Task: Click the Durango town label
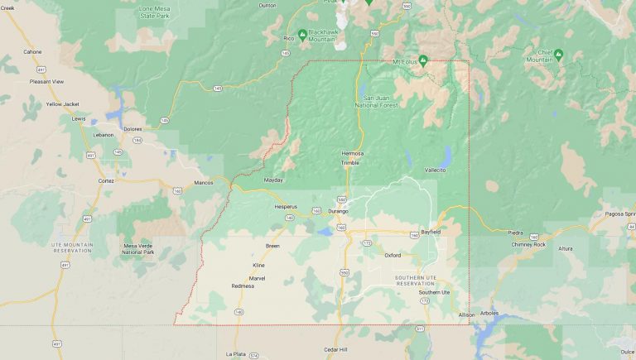[337, 211]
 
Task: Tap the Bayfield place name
[430, 232]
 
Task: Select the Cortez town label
[106, 180]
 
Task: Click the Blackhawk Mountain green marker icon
[303, 34]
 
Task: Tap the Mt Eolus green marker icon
[422, 60]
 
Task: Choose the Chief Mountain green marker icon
[558, 55]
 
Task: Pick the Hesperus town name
[285, 206]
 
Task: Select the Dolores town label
[132, 128]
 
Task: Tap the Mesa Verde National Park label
[138, 248]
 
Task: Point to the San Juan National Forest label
[377, 102]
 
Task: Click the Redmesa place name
[243, 286]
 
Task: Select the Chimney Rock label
[528, 244]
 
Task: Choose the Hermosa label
[353, 153]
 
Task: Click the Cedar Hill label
[336, 350]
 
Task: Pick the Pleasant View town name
[46, 82]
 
